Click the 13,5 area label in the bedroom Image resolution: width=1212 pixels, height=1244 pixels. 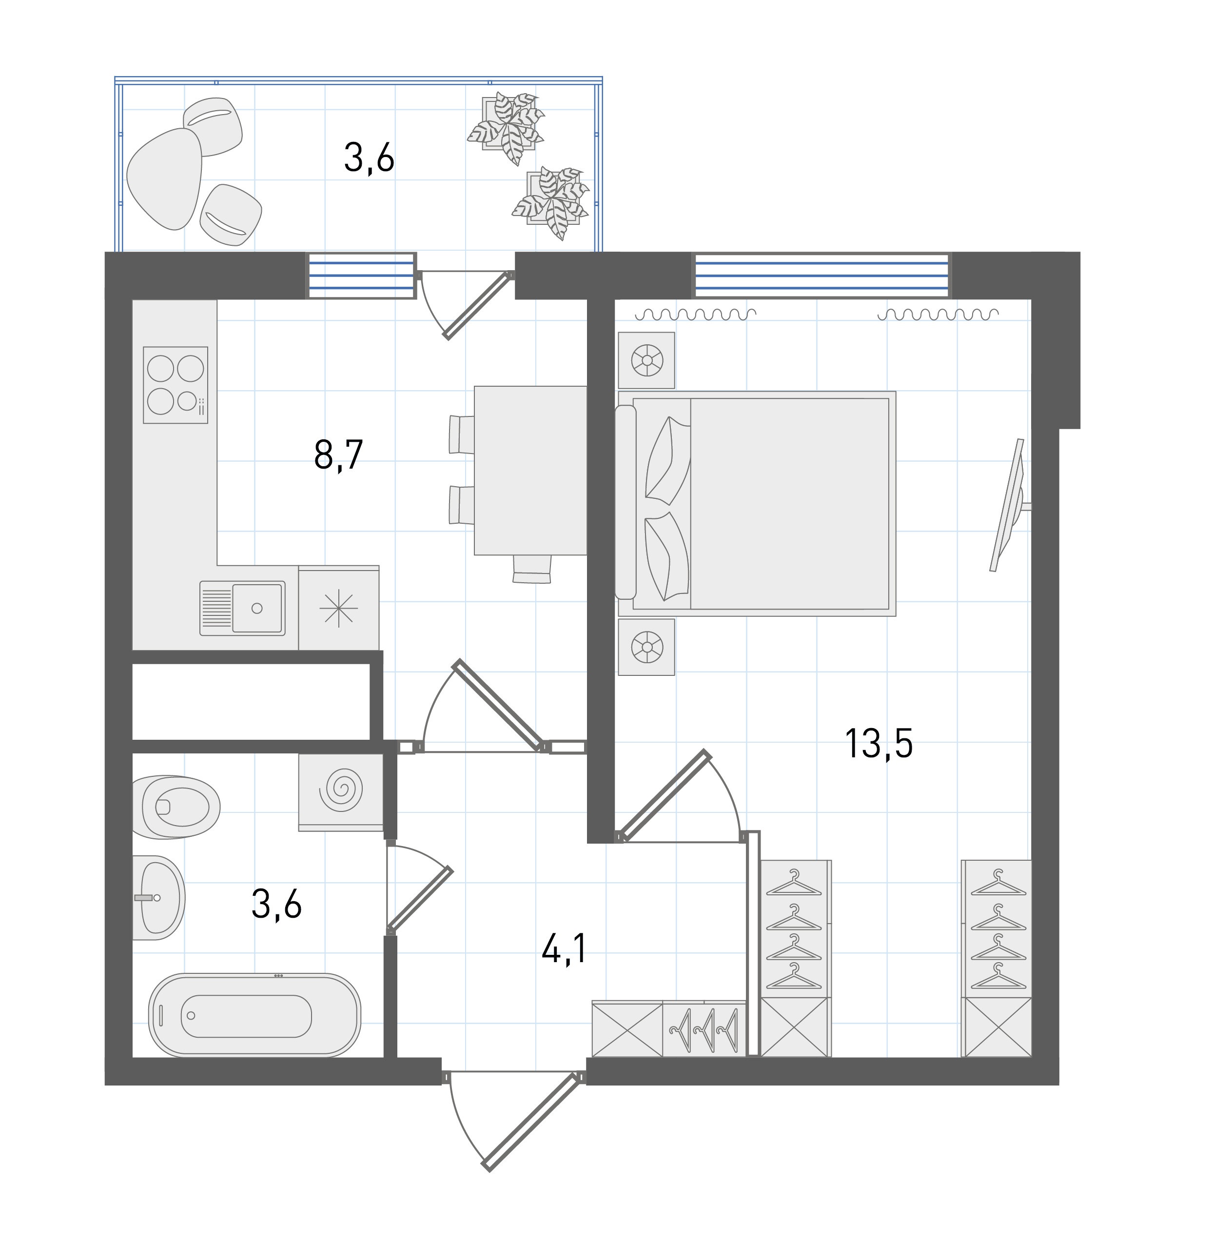pyautogui.click(x=879, y=744)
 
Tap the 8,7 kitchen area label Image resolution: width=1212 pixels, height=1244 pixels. pyautogui.click(x=339, y=454)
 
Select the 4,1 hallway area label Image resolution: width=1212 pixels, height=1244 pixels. pyautogui.click(x=564, y=950)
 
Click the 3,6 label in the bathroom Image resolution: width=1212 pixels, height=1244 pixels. pyautogui.click(x=276, y=904)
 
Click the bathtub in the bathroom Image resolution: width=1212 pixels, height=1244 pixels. pyautogui.click(x=254, y=1015)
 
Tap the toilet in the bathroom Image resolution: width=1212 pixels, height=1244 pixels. pyautogui.click(x=176, y=807)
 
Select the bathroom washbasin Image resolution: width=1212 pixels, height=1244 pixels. pyautogui.click(x=158, y=898)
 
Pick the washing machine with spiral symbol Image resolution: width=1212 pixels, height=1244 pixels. pyautogui.click(x=341, y=792)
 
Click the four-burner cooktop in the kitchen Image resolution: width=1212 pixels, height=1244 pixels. pyautogui.click(x=176, y=385)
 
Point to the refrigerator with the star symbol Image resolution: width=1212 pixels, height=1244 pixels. pyautogui.click(x=339, y=608)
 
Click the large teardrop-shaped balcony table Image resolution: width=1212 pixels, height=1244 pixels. pyautogui.click(x=165, y=178)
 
